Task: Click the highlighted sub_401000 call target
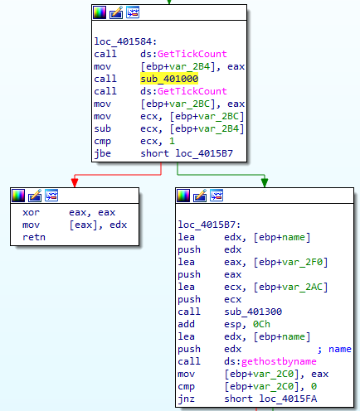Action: [169, 79]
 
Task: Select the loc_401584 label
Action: [125, 41]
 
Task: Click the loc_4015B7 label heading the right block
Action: [209, 225]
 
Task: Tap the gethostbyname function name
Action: [279, 361]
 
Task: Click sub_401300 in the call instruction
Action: [253, 312]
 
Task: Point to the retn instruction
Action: [34, 237]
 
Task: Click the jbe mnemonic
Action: [102, 153]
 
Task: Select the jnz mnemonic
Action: [186, 399]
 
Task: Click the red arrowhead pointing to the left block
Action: [75, 182]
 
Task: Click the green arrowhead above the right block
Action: [265, 182]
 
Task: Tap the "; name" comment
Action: [334, 349]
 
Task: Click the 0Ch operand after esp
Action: [261, 324]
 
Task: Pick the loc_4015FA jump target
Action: [288, 399]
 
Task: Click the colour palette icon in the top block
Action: [100, 12]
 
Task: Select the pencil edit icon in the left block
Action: [35, 196]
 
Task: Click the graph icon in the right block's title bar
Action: [216, 196]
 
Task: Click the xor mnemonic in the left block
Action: [31, 212]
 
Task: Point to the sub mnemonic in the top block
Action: [102, 128]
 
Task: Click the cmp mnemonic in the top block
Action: [102, 142]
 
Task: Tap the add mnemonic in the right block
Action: [186, 324]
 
